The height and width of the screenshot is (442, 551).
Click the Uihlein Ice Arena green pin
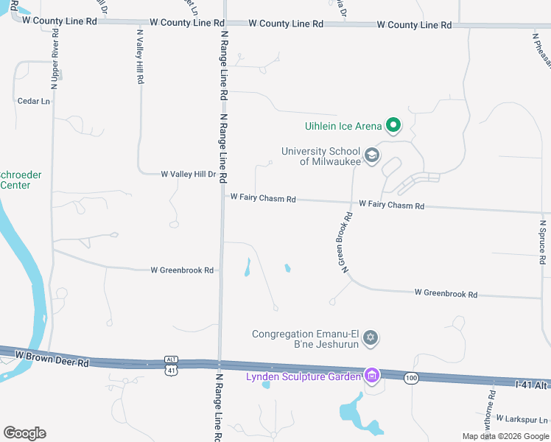[393, 126]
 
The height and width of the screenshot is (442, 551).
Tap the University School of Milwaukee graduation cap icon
[372, 156]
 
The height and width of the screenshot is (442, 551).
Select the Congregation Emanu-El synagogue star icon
[371, 338]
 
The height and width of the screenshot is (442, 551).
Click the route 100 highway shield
[410, 378]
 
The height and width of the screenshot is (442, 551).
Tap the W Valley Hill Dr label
[189, 175]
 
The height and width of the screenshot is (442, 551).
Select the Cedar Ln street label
[34, 101]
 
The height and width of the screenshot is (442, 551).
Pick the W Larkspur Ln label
[522, 418]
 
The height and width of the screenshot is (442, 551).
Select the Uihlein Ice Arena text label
[343, 126]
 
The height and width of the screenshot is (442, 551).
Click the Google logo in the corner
[24, 433]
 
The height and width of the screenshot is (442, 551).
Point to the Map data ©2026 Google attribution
[505, 436]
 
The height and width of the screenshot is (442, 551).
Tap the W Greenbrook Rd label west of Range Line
[182, 270]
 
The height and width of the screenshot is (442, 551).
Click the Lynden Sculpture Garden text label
[303, 377]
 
